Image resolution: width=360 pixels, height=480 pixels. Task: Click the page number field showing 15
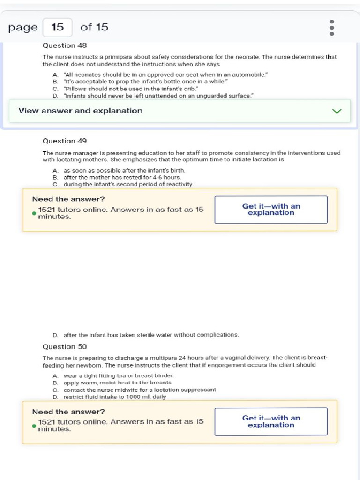(x=57, y=27)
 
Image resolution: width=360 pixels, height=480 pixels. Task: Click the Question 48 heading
(x=65, y=45)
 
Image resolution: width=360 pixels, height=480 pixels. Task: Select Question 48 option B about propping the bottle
(x=145, y=82)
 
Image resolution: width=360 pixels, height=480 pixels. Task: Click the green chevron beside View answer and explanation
(x=337, y=111)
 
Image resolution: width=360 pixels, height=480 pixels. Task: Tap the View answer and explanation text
(x=81, y=111)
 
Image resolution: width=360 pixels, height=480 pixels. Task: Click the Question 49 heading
(x=65, y=141)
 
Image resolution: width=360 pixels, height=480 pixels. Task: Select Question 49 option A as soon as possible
(x=124, y=171)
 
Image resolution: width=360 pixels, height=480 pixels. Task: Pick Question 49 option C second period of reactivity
(x=127, y=184)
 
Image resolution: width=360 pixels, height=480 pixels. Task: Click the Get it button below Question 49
(x=271, y=210)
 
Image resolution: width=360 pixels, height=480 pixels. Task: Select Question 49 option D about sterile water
(x=151, y=335)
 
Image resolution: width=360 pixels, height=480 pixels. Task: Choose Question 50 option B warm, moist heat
(x=117, y=382)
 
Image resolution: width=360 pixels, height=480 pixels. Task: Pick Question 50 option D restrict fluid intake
(x=114, y=397)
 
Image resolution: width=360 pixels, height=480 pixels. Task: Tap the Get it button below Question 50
(x=271, y=421)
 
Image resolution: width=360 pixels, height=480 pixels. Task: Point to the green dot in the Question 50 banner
(x=34, y=426)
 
